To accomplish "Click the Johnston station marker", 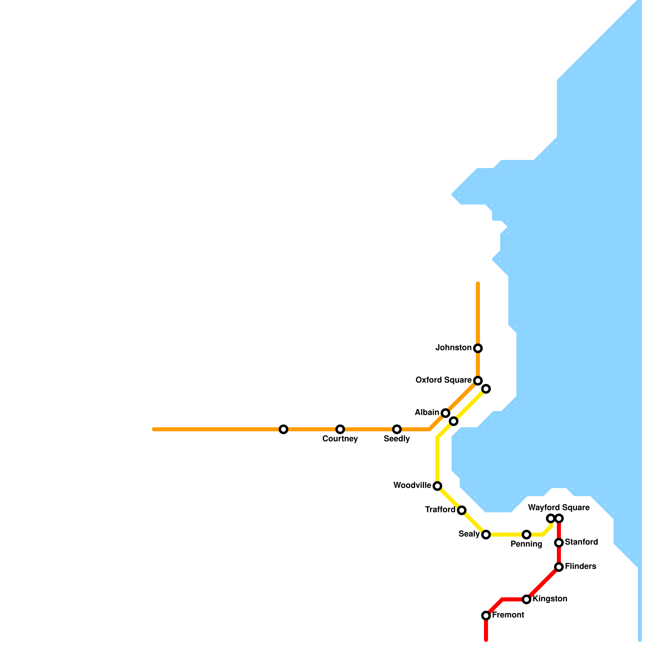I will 478,348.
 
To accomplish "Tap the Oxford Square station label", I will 443,380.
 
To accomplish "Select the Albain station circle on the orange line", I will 446,413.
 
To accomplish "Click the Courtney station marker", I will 340,429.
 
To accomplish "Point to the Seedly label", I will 396,439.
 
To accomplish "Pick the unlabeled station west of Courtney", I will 283,429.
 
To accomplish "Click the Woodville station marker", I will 437,486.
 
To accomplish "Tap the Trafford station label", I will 440,510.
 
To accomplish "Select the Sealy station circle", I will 486,535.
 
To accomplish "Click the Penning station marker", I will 526,535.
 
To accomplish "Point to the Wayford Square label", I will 558,508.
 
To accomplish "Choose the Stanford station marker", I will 559,543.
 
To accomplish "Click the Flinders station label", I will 580,567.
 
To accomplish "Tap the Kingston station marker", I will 526,599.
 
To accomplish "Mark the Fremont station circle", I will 486,616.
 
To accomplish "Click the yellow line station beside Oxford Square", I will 486,389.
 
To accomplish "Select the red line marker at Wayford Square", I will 559,518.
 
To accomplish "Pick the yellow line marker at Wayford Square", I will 550,518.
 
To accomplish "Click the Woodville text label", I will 412,486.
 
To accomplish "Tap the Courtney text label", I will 340,439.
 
